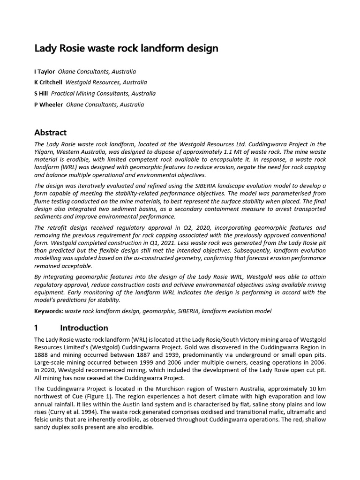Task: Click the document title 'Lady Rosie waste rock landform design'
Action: [x=127, y=48]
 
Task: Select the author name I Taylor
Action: [x=45, y=72]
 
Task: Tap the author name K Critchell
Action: [x=49, y=82]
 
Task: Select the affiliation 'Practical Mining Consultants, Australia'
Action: [x=103, y=93]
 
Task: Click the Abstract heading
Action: [x=51, y=133]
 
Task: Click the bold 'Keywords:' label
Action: [x=49, y=311]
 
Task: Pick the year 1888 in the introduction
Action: [x=42, y=354]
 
